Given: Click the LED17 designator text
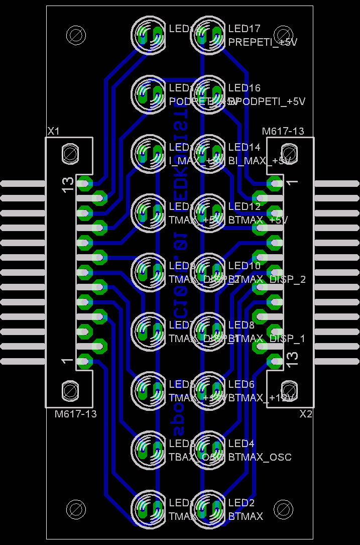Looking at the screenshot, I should point(244,29).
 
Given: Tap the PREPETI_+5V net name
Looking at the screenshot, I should point(263,42).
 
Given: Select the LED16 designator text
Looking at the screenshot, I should point(244,88).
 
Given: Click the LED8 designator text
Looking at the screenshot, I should point(241,325).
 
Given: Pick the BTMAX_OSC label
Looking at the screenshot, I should point(260,457).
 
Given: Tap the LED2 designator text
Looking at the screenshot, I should point(241,503).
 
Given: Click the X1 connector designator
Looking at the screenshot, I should point(53,131).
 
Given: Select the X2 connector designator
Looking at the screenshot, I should point(306,414).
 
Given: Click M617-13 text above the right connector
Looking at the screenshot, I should point(283,131).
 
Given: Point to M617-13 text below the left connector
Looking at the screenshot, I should point(76,414).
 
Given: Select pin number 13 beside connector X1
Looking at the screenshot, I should point(67,184).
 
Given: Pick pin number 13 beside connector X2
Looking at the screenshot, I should point(292,358).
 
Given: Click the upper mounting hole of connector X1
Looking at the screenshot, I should point(69,154).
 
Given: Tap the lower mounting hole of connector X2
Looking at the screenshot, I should point(289,390).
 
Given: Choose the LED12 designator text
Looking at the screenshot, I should point(244,206).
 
